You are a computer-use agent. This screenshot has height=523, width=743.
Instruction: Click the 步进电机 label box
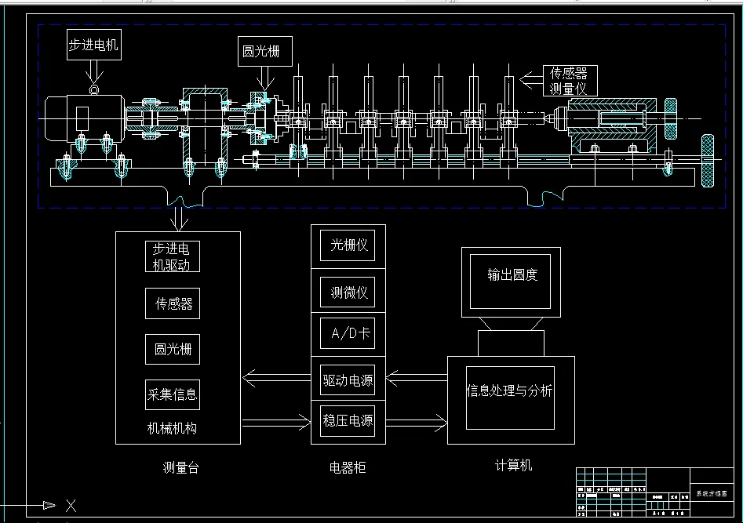point(93,45)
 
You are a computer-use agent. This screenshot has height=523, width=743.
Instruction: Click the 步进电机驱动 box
point(173,256)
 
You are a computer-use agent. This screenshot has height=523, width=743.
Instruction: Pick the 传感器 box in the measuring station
point(173,303)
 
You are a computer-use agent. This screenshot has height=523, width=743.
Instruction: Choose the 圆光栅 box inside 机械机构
point(173,350)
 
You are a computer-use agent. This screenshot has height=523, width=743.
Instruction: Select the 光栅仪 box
point(348,245)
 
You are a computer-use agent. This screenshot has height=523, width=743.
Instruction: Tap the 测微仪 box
point(348,293)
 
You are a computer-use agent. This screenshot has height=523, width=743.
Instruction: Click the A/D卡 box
point(348,334)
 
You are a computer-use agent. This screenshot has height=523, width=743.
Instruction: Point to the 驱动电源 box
point(348,381)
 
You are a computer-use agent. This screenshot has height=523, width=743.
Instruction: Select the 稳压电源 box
point(348,421)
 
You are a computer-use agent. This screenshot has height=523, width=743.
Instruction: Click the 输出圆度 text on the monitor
point(512,275)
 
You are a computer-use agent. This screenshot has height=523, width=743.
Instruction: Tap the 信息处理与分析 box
point(510,391)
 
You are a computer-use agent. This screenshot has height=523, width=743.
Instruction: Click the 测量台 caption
point(180,468)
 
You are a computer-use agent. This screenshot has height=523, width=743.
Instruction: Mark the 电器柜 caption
point(348,468)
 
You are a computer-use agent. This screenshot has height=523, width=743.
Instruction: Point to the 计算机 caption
point(513,466)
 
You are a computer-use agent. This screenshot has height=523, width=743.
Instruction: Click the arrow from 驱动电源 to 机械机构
point(276,380)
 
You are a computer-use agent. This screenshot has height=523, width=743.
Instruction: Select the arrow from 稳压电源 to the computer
point(416,422)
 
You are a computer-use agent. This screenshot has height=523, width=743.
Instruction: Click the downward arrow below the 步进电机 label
point(94,73)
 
